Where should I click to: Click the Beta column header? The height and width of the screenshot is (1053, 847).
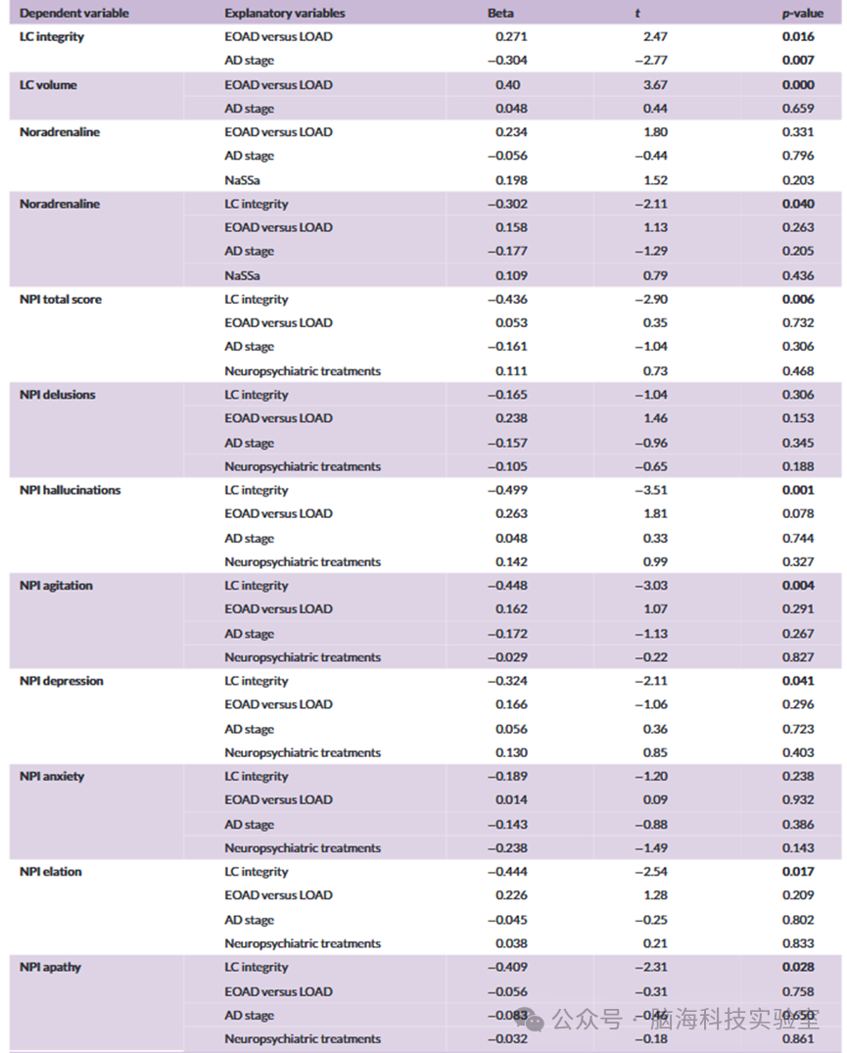pos(499,14)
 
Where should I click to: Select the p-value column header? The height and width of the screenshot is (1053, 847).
pos(797,14)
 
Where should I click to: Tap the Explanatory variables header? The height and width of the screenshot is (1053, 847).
pos(284,14)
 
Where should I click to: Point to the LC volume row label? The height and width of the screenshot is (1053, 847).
pos(48,85)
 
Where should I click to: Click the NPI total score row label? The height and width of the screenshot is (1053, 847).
pos(60,300)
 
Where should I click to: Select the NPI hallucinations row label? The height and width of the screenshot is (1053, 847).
pos(70,490)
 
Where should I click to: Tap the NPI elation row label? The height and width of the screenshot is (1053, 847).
pos(50,872)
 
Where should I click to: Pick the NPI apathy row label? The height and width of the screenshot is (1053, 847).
pos(50,967)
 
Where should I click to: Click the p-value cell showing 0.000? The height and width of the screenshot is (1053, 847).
pos(798,85)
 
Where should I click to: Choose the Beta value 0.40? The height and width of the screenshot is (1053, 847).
pos(507,85)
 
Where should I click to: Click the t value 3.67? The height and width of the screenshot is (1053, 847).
pos(655,85)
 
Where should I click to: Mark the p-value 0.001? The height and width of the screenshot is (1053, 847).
pos(798,490)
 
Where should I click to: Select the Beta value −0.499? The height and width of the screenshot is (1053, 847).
pos(507,490)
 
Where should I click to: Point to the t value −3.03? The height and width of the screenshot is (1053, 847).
pos(650,586)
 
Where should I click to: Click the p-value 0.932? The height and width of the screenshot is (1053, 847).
pos(798,800)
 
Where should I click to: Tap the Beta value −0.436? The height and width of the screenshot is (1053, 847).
pos(507,300)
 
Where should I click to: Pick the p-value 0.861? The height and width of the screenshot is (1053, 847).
pos(798,1039)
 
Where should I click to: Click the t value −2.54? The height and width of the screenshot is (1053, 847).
pos(650,872)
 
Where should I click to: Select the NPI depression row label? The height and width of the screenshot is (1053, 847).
pos(61,681)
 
